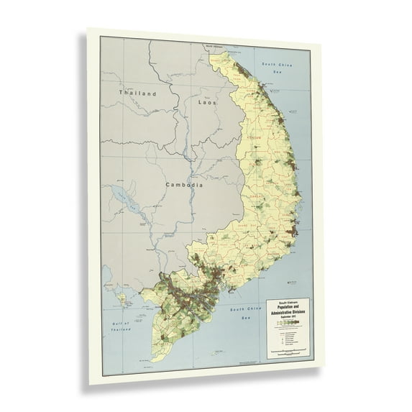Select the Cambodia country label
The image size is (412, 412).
point(183,185)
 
